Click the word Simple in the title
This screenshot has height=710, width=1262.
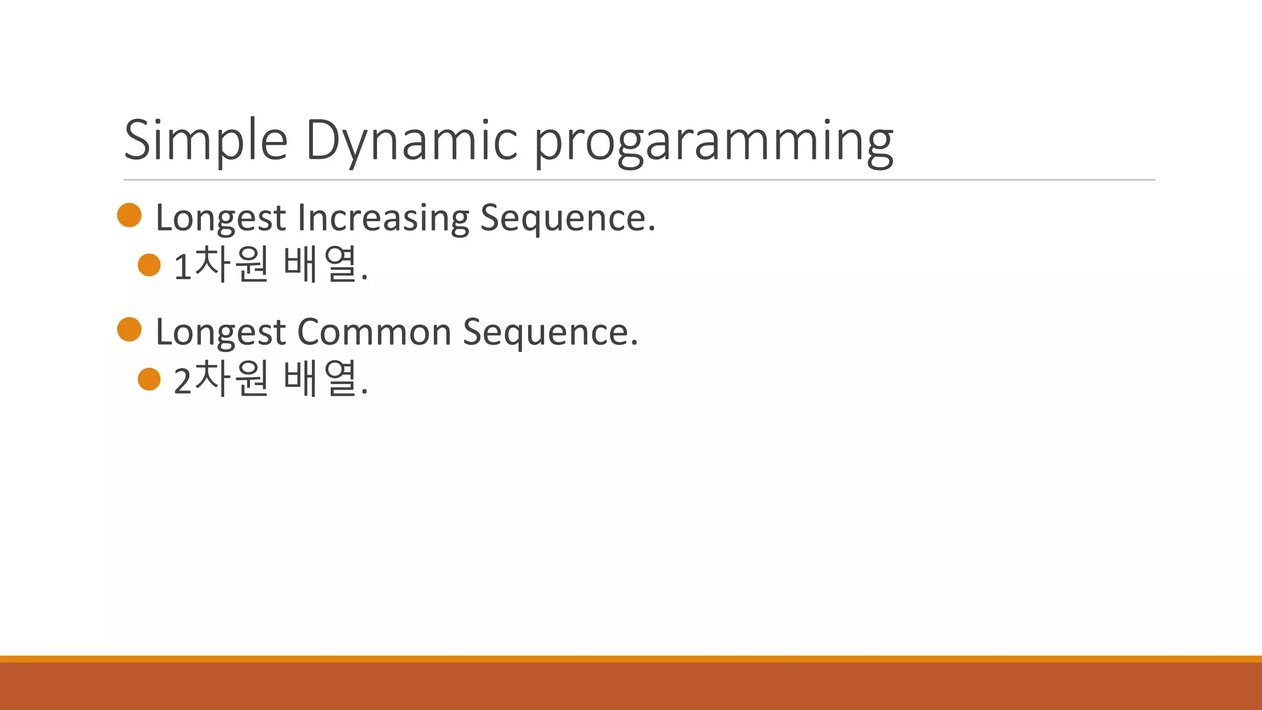[x=206, y=141]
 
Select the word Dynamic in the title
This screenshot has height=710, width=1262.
[x=411, y=141]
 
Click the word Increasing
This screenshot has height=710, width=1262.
[x=383, y=218]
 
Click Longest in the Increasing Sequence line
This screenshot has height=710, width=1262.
[x=221, y=218]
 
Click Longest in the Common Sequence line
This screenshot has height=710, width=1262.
[x=221, y=332]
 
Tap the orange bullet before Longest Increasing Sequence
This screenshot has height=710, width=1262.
[x=129, y=215]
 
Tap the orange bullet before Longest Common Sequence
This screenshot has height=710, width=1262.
[x=129, y=329]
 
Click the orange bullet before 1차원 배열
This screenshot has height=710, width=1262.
[x=149, y=265]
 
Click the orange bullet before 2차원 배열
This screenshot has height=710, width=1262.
[x=149, y=379]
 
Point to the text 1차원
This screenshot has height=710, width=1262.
[x=221, y=265]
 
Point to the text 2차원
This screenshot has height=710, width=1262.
[x=221, y=379]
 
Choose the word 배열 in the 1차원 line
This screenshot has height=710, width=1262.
[x=321, y=265]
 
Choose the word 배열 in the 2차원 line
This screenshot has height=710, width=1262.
[x=321, y=379]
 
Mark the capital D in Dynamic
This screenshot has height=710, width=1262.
[x=325, y=141]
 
